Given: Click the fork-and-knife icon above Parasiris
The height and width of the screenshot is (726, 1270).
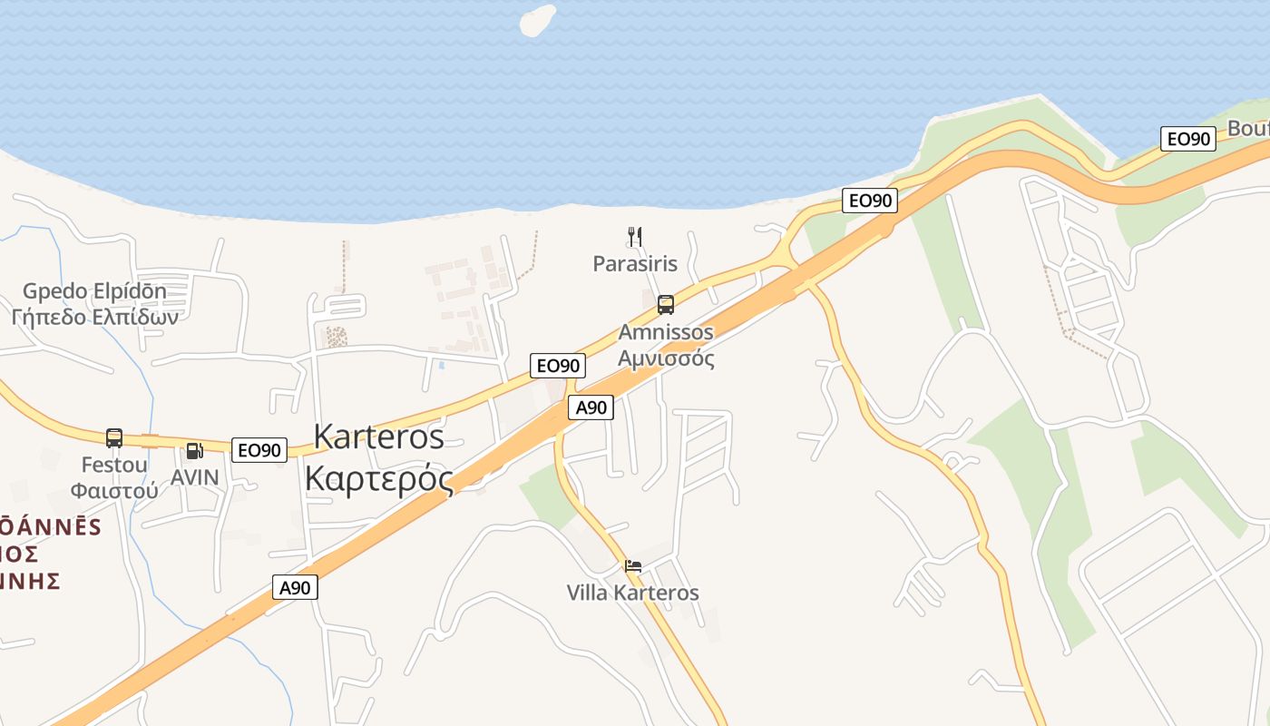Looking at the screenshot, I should point(635,238).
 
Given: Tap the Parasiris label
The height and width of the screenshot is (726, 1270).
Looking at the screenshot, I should point(635,264).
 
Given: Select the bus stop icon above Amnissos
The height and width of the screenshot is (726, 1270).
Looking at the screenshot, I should point(666,305).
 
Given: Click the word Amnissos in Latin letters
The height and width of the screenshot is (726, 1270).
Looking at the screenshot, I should point(666,332).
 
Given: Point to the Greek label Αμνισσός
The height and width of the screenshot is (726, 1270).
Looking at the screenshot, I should point(666,358).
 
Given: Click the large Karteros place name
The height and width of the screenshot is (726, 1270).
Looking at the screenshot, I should point(378,437).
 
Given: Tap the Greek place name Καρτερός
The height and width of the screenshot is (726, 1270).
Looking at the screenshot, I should point(378,477).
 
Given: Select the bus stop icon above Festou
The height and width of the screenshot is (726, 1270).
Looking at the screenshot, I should point(114,438).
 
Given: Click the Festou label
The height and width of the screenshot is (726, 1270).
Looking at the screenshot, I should point(114,465).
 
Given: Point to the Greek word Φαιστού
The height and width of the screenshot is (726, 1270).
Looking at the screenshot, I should point(114,490).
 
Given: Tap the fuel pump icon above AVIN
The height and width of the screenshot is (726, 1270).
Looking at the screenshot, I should point(194,450).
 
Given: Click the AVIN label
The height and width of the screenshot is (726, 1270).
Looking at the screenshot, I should point(195,476).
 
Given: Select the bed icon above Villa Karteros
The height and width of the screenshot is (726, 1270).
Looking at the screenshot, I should point(633,566).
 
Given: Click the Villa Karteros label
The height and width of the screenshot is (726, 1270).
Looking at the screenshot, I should point(633,593).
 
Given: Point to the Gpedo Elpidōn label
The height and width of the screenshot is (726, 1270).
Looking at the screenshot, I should point(94,291).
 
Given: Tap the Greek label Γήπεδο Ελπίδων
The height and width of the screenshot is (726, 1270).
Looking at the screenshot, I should point(94,317).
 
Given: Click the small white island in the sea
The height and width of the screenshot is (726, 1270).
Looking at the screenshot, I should point(537,20).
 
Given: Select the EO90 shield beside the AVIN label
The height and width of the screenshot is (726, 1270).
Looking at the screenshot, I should point(259,449).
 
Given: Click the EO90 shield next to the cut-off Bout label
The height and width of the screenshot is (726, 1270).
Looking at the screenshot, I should point(1188,139).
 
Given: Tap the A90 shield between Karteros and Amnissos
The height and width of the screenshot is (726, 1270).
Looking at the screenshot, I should point(591,407).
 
